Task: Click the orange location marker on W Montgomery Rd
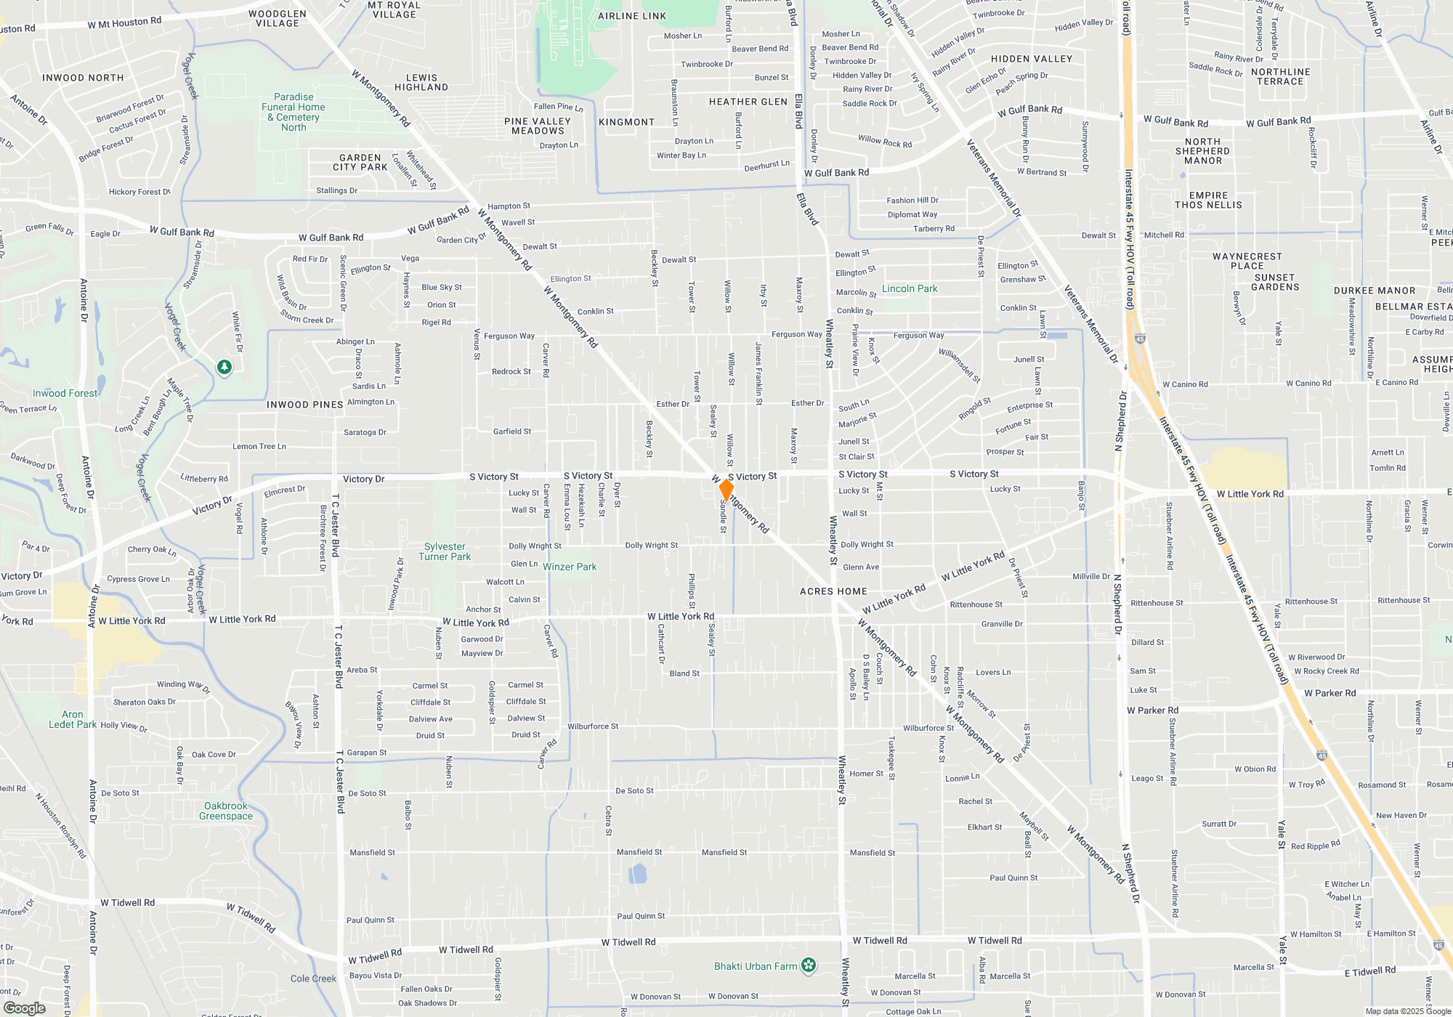(726, 490)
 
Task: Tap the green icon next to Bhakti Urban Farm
(809, 965)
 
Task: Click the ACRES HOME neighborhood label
(833, 591)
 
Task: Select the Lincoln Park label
(910, 288)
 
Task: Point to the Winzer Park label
(570, 567)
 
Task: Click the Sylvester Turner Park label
(445, 551)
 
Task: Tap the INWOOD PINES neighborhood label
(304, 405)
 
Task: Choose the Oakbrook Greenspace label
(226, 811)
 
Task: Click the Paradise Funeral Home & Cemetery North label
(294, 112)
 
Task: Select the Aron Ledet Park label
(73, 719)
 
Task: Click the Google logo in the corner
(24, 1008)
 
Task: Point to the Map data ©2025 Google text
(1407, 1011)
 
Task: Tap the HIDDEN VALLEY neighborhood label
(1031, 59)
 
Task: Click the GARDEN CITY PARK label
(360, 162)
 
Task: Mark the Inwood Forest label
(65, 393)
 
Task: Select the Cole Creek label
(313, 978)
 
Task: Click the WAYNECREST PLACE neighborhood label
(1247, 261)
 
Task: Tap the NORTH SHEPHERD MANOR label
(1202, 151)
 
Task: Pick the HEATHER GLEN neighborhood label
(748, 102)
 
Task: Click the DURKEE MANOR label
(1374, 291)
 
